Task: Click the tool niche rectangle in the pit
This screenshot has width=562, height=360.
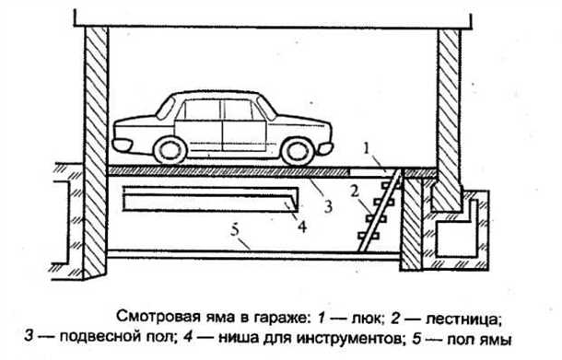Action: click(x=207, y=200)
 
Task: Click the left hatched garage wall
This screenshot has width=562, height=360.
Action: click(x=96, y=147)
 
